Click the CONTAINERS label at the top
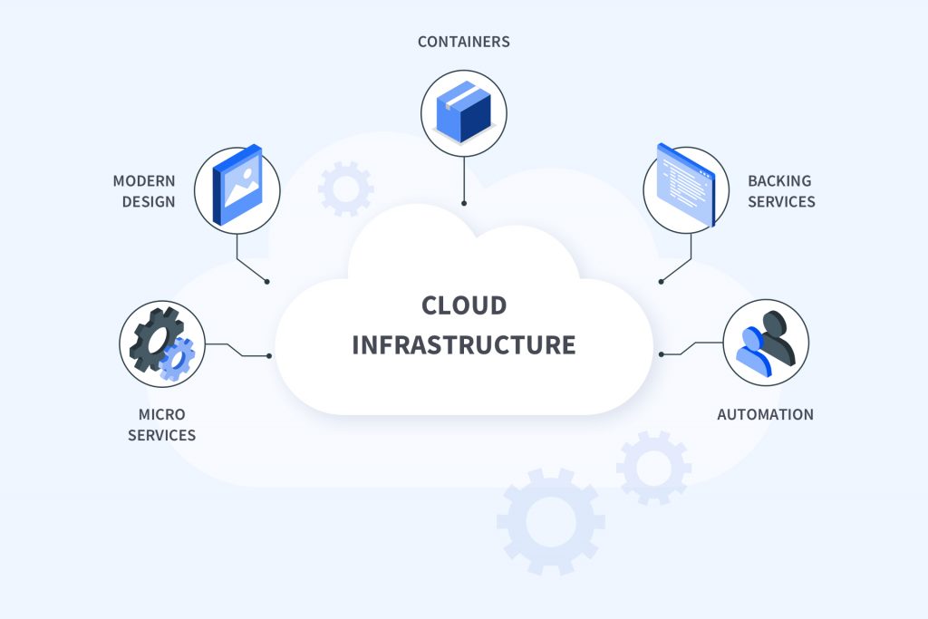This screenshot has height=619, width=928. (x=463, y=42)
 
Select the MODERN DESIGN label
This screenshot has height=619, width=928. (x=144, y=191)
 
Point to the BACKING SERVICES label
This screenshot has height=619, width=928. (x=780, y=191)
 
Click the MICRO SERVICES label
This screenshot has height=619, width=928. (x=161, y=425)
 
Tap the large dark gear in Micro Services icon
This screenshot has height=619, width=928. (x=152, y=336)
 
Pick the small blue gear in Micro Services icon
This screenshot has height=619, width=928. (x=177, y=358)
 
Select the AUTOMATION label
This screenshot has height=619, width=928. (x=765, y=415)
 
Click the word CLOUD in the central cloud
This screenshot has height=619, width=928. (x=463, y=305)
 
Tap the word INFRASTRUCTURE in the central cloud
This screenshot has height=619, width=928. (x=463, y=345)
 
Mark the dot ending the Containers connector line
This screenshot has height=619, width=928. (x=464, y=203)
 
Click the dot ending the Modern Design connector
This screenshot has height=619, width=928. (x=267, y=282)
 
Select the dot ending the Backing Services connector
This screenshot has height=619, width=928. (x=661, y=282)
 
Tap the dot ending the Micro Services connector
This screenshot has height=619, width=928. (x=269, y=356)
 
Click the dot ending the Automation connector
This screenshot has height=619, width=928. (x=660, y=354)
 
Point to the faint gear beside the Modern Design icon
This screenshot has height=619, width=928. (x=346, y=189)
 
